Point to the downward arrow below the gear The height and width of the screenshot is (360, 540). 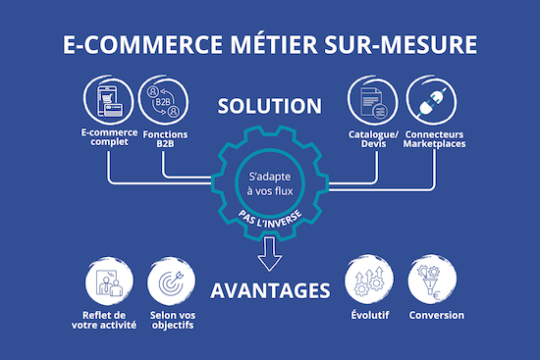pos(270,258)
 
